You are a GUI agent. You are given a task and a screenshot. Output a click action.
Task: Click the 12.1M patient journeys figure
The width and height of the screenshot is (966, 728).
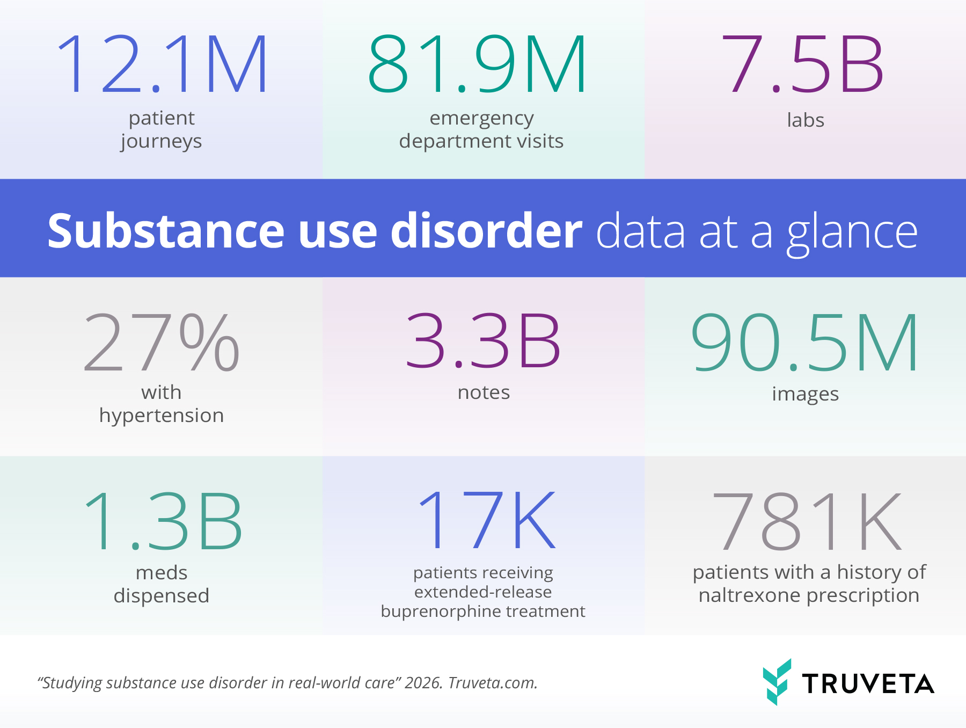point(162,65)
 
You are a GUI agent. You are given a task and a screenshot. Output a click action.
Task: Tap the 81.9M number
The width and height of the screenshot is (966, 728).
point(477,65)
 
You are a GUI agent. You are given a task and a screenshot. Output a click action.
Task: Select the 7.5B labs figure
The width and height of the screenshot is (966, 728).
point(803,65)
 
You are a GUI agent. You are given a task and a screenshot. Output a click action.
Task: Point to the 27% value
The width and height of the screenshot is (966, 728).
point(162,343)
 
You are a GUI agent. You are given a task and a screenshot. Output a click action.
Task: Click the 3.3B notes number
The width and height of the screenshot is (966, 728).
point(483,342)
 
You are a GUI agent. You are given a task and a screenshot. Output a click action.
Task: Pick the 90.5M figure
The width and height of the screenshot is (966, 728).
point(805,343)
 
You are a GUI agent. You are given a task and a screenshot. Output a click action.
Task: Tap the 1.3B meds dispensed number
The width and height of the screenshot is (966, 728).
point(163,522)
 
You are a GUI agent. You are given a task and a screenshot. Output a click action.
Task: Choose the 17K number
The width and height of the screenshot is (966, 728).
point(486,521)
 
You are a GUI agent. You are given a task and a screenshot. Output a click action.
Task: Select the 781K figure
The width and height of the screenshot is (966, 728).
point(807,522)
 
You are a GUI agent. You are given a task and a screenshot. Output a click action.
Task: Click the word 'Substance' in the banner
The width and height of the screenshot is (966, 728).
point(166,231)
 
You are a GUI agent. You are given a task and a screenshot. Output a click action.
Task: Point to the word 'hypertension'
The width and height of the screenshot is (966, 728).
point(162,416)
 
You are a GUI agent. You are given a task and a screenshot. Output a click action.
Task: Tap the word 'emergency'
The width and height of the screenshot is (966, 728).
point(481,119)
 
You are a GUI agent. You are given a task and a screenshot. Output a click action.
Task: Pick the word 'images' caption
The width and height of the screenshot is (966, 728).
point(805,395)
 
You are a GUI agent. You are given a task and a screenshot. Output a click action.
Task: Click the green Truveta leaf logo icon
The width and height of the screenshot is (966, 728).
point(777,681)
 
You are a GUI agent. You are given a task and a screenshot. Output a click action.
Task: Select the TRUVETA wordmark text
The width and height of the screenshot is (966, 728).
point(868,683)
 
